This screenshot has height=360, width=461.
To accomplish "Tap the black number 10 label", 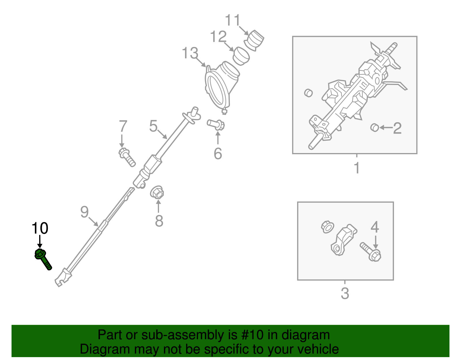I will coord(40,229).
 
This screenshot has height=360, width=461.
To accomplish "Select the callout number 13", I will coord(190,53).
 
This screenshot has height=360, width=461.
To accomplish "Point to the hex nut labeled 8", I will coord(157,192).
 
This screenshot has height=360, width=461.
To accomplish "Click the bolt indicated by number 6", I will coord(216,125).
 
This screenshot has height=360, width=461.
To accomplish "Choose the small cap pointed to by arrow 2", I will coord(374,127).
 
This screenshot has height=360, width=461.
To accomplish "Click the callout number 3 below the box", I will coord(345,293).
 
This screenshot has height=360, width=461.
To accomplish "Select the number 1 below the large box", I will coord(357,168).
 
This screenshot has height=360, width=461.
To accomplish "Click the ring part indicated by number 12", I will coord(241,56).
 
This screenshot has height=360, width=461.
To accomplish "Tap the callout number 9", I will coord(84,212).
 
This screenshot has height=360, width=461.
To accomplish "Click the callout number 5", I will coord(153,126).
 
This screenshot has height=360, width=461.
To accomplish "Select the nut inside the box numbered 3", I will coord(327,227).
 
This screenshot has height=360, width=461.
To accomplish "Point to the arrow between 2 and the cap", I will coord(386,127).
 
